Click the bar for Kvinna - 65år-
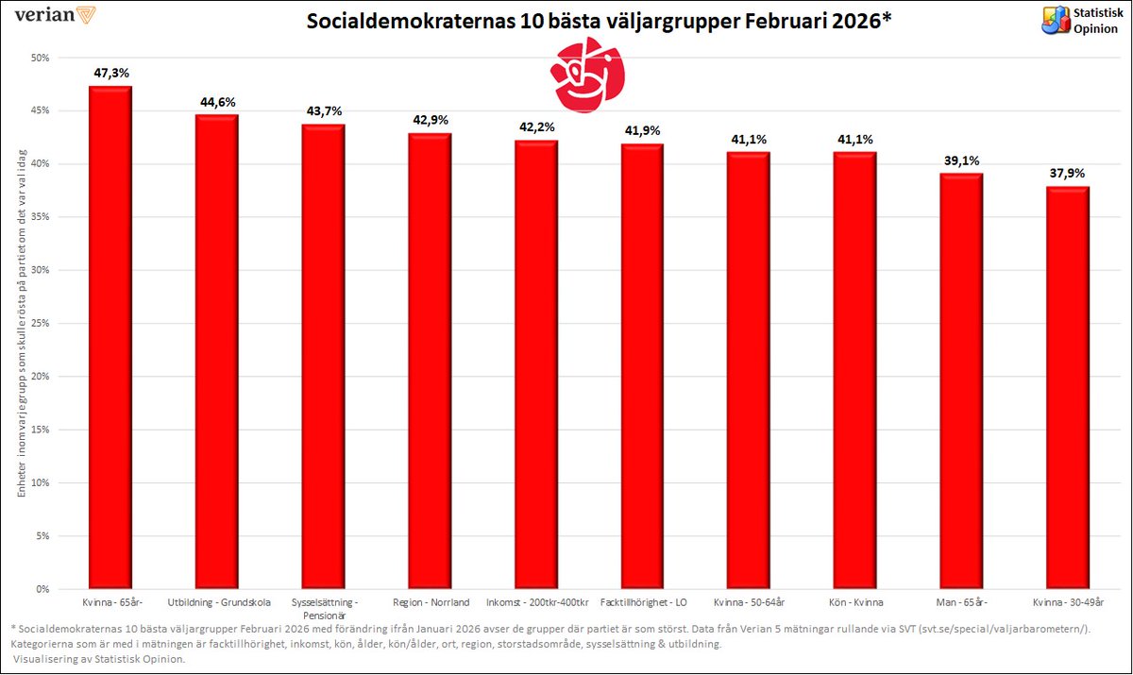pyautogui.click(x=110, y=337)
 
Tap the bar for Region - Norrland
pyautogui.click(x=429, y=361)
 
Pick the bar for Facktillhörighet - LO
pyautogui.click(x=642, y=366)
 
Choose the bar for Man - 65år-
pyautogui.click(x=961, y=380)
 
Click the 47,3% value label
pyautogui.click(x=110, y=73)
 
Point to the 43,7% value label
pyautogui.click(x=323, y=111)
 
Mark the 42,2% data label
pyautogui.click(x=535, y=127)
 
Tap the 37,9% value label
pyautogui.click(x=1068, y=173)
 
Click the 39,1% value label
pyautogui.click(x=961, y=160)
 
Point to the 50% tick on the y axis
pyautogui.click(x=41, y=58)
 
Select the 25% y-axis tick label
pyautogui.click(x=41, y=324)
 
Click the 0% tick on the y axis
pyautogui.click(x=43, y=589)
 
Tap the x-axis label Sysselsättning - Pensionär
pyautogui.click(x=323, y=607)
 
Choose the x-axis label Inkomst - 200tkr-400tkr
pyautogui.click(x=535, y=601)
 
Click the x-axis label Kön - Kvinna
pyautogui.click(x=854, y=601)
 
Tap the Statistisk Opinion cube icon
pyautogui.click(x=1055, y=20)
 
